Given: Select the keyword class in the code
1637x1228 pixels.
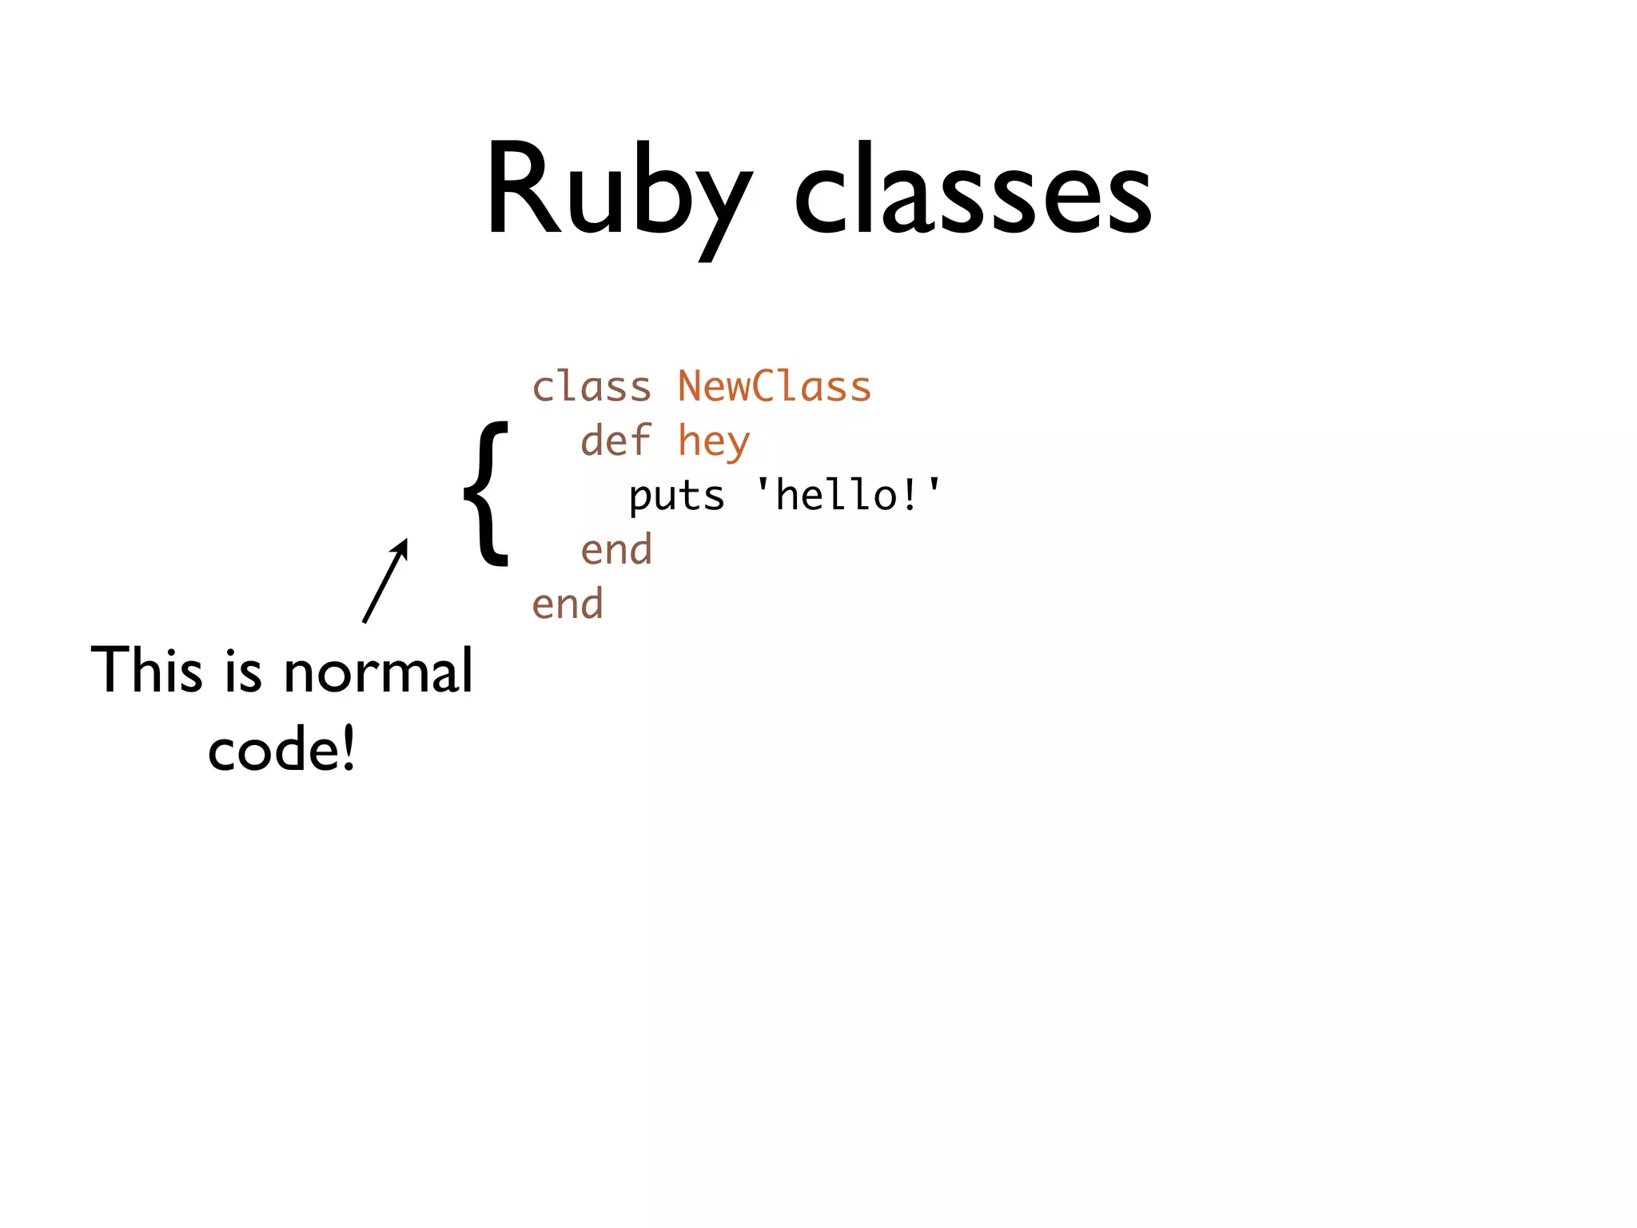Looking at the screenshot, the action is tap(591, 388).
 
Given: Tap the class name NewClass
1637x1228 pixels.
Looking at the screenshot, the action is tap(774, 387).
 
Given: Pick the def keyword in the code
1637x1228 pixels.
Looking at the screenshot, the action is tap(615, 441).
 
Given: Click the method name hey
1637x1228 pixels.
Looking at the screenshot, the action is tap(714, 442).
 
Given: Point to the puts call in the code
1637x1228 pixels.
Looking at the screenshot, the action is tap(676, 496).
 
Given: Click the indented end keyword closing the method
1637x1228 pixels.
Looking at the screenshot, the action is tap(616, 550).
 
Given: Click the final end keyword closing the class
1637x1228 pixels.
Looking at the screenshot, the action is tap(568, 604).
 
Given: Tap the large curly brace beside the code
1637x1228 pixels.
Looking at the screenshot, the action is tap(486, 493).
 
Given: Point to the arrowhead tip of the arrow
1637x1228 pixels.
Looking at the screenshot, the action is tap(406, 540).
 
